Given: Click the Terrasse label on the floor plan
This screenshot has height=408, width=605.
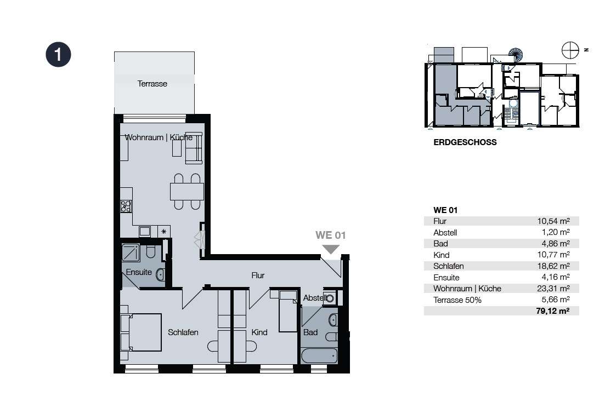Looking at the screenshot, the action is [x=152, y=84].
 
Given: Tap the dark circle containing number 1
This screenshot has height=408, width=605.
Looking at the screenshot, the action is [x=58, y=54].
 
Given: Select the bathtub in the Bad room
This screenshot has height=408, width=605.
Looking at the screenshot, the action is [x=319, y=355].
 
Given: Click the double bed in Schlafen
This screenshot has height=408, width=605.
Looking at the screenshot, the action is [x=141, y=332].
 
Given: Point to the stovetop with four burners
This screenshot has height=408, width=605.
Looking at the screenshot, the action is [x=126, y=206].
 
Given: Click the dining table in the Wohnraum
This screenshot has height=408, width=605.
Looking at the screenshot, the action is [x=186, y=192].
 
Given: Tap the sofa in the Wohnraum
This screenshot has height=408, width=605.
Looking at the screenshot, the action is [x=194, y=148].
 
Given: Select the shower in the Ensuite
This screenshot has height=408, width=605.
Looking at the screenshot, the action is [x=131, y=252].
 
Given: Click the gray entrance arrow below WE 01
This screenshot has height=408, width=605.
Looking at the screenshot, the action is [x=331, y=250].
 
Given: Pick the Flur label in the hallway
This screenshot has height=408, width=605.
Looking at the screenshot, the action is [x=258, y=275].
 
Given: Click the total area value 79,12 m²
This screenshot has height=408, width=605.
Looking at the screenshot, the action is [x=552, y=311].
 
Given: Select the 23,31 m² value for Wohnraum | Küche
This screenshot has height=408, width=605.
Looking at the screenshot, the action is [x=553, y=288].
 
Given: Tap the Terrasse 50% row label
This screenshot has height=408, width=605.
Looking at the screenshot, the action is [x=457, y=300].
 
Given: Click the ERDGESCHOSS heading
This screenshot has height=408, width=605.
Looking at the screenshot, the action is [x=465, y=142].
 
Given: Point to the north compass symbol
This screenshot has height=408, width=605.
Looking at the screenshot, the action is [x=570, y=50].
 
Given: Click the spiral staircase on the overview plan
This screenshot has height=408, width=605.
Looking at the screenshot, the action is [x=515, y=55].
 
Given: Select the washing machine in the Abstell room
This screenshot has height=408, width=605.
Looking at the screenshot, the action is [x=329, y=298].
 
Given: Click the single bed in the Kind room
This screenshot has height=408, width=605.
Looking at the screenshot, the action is [x=288, y=311].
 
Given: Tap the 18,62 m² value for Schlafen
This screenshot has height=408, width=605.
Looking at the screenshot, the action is [x=553, y=266].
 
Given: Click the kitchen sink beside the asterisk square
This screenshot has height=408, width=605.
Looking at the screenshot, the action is [x=145, y=231].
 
